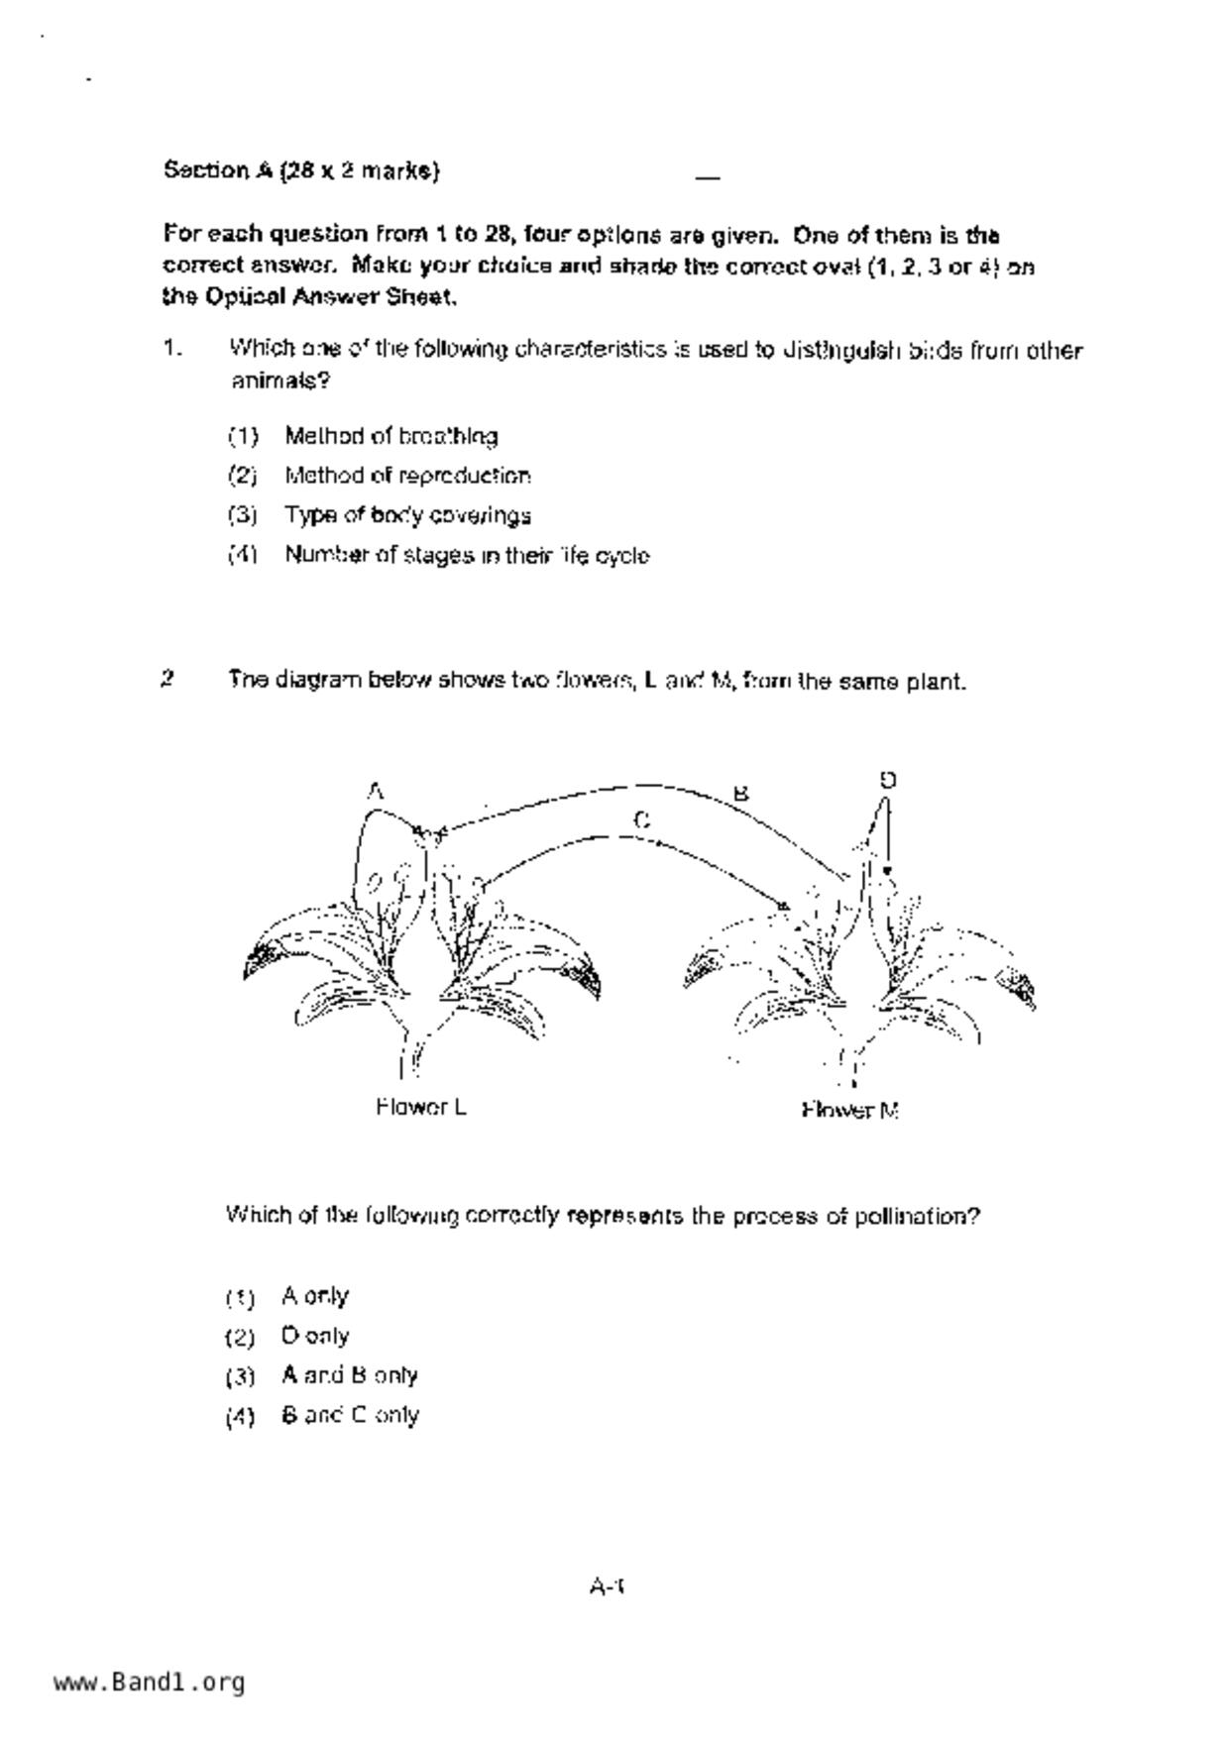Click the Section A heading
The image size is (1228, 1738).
[301, 170]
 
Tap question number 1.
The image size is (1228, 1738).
[172, 349]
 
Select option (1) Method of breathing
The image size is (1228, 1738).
[391, 436]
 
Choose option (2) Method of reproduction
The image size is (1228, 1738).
[407, 476]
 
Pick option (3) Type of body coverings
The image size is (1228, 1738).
[407, 515]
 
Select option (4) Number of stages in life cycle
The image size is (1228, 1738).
[467, 555]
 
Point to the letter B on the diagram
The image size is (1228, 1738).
[740, 793]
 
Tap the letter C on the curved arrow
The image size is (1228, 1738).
[641, 819]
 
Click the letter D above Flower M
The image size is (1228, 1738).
[888, 780]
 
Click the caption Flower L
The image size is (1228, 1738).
[421, 1107]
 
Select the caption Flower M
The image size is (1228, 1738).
[849, 1110]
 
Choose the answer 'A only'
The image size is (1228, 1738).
[315, 1296]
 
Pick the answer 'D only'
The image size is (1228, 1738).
[315, 1336]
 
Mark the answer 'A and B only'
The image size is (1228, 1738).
[350, 1375]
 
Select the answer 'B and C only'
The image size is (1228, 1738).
[350, 1415]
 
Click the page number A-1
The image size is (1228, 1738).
[607, 1586]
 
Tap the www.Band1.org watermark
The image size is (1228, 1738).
[149, 1682]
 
